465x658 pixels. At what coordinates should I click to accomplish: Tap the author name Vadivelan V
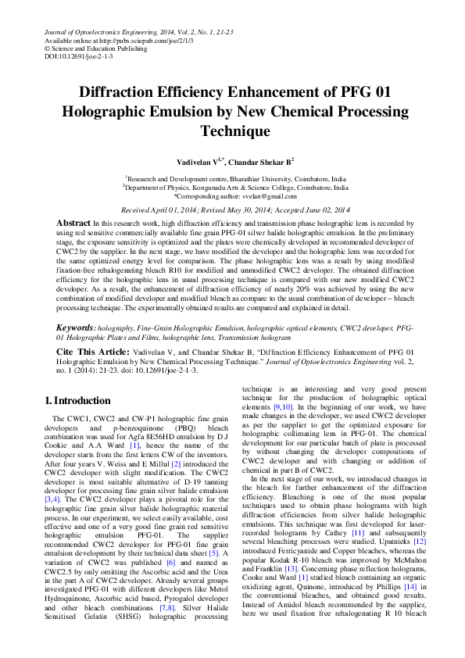(x=200, y=161)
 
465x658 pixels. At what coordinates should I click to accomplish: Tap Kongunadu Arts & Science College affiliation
(x=280, y=188)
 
